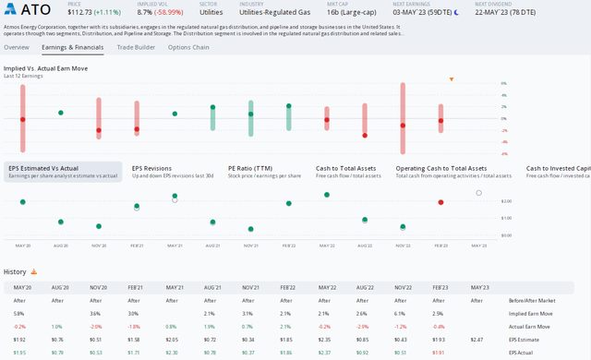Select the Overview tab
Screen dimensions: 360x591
(17, 47)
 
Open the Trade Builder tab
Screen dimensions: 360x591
(136, 47)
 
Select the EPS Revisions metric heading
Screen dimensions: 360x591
(153, 168)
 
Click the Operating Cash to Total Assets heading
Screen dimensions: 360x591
(440, 168)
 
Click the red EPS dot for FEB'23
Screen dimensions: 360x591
(440, 202)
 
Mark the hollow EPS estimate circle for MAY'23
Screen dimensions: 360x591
(478, 193)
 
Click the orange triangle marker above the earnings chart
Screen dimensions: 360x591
(451, 79)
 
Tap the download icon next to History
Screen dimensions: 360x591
(34, 272)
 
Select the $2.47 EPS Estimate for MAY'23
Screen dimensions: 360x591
(476, 341)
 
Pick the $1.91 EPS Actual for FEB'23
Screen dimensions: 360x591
(439, 353)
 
